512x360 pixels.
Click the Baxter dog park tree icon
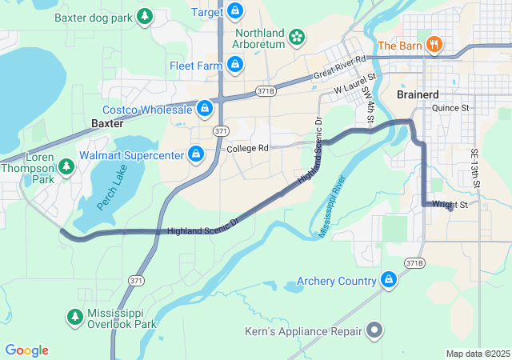coord(144,16)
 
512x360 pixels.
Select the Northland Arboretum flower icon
coord(297,36)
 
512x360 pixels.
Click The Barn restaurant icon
coord(434,45)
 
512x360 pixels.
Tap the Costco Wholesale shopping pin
coord(205,108)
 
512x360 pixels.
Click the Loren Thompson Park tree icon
coord(66,167)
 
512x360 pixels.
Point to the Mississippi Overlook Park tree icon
coord(75,317)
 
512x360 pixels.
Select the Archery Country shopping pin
coord(389,280)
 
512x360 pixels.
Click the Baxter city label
coord(107,124)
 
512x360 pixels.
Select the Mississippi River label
coord(337,206)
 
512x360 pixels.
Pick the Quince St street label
coord(450,107)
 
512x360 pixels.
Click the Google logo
coord(27,350)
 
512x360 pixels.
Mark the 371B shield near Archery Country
coord(414,262)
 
